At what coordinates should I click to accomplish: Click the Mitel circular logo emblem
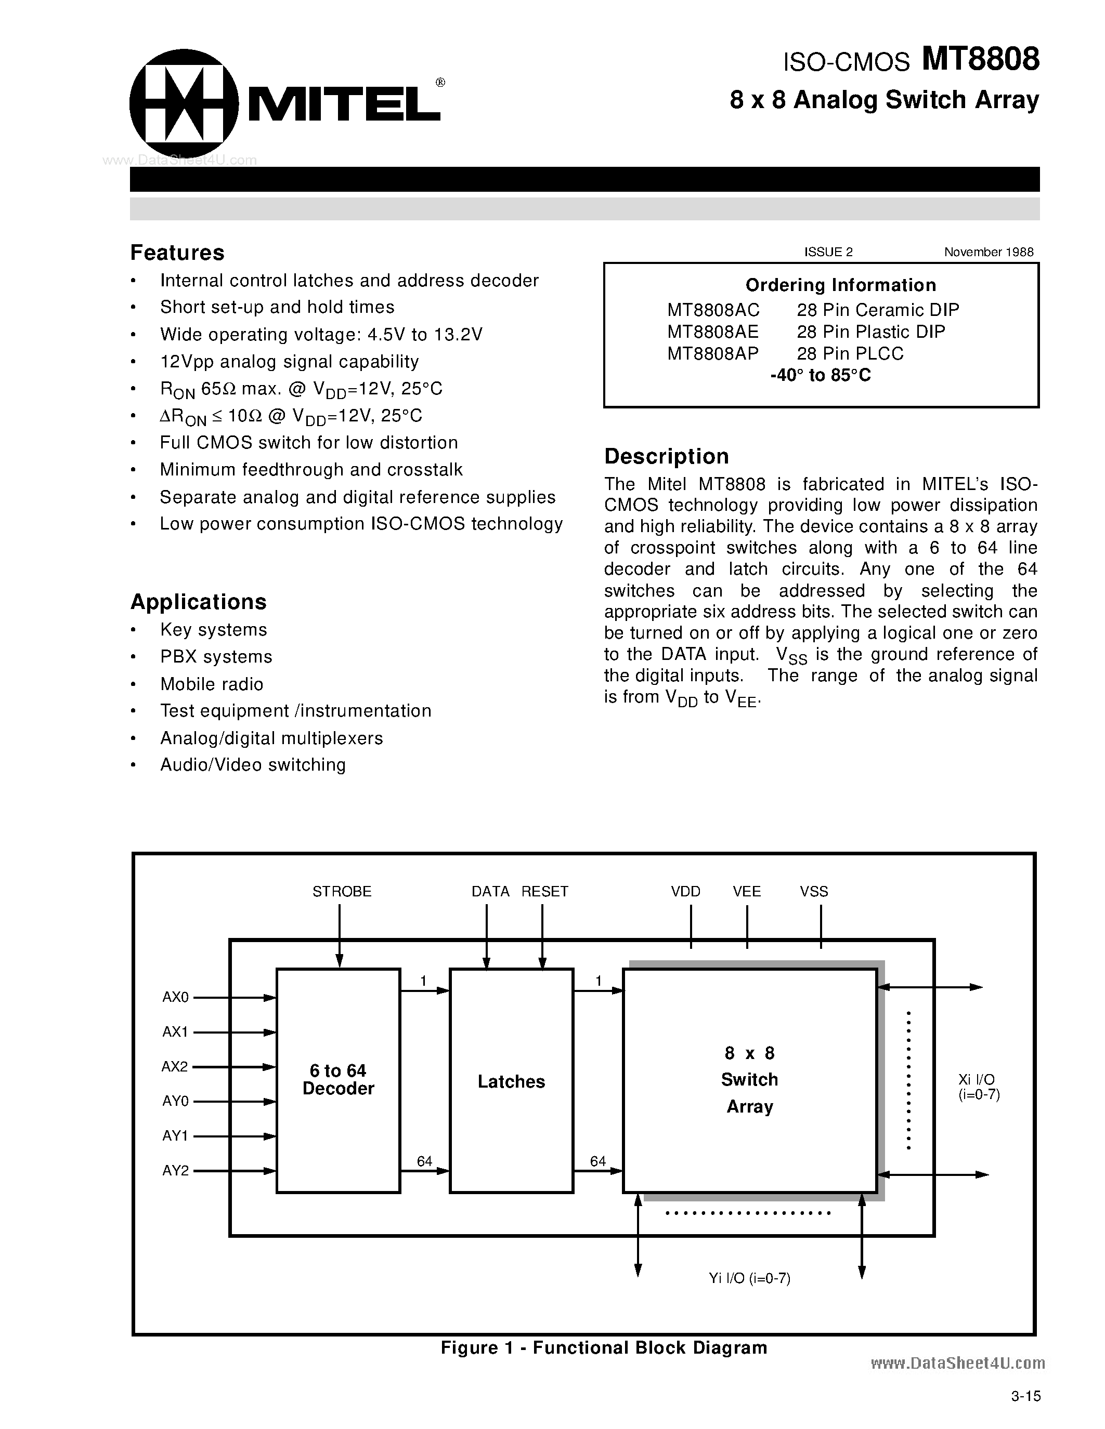(x=183, y=103)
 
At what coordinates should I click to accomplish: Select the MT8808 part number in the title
(x=980, y=60)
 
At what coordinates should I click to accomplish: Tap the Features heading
(x=177, y=253)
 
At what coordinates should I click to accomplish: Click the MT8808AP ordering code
(x=712, y=353)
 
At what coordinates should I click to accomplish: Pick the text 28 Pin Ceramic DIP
(x=877, y=310)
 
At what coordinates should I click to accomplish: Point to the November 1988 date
(x=989, y=252)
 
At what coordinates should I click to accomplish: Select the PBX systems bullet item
(x=216, y=656)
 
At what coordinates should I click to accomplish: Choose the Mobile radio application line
(x=212, y=684)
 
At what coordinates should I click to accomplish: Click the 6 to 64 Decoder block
(x=338, y=1080)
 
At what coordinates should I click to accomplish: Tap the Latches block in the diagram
(x=511, y=1081)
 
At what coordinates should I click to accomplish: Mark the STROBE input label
(x=342, y=891)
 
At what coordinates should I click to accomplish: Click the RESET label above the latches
(x=544, y=891)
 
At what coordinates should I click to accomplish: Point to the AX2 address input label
(x=175, y=1066)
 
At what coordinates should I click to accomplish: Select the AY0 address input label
(x=175, y=1101)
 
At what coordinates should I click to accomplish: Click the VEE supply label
(x=747, y=891)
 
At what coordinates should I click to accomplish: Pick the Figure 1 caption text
(x=604, y=1347)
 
